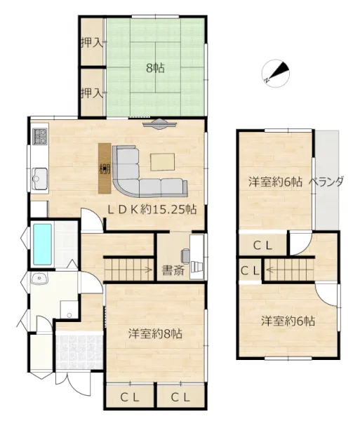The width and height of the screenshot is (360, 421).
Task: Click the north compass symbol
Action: (x=276, y=73)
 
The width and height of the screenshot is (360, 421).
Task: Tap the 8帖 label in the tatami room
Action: (x=155, y=68)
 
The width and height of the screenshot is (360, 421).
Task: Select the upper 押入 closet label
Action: (x=92, y=42)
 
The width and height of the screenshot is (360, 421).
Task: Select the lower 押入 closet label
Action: (x=92, y=93)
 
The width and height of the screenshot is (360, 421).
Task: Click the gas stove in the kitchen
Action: (x=40, y=136)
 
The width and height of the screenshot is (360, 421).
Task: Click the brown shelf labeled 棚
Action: (x=105, y=168)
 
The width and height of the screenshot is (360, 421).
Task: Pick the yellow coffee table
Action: (x=162, y=162)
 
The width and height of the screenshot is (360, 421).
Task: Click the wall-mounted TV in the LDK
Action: (x=160, y=123)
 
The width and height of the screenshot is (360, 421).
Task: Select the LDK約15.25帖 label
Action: (x=152, y=209)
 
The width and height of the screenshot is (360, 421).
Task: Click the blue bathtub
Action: (x=42, y=244)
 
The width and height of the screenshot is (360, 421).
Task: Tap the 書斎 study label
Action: (x=173, y=270)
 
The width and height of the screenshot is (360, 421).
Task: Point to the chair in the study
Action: (x=185, y=255)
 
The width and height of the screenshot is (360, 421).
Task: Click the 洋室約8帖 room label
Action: (x=155, y=334)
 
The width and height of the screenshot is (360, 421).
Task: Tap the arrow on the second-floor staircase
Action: (x=269, y=270)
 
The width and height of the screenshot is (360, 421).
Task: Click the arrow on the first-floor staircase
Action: (x=148, y=269)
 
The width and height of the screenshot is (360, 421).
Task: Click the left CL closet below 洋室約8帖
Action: (x=130, y=398)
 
